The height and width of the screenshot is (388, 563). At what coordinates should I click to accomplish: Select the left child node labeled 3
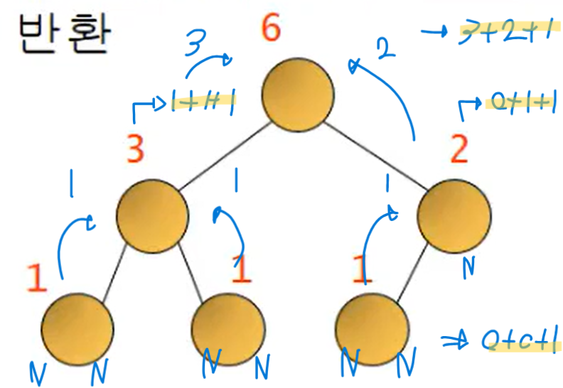tap(151, 212)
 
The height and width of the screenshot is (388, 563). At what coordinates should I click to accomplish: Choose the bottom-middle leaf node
tap(227, 326)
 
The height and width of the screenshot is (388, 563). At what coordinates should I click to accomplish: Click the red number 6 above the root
tap(271, 28)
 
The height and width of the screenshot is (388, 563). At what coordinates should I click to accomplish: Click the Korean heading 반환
tap(63, 36)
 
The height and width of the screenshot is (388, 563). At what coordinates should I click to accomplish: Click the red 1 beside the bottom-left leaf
tap(37, 279)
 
